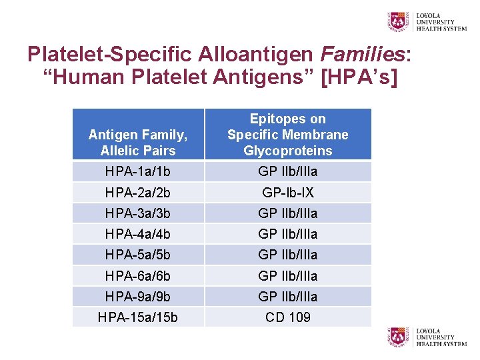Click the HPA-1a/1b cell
pyautogui.click(x=138, y=171)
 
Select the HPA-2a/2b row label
pyautogui.click(x=138, y=193)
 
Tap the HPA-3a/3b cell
pyautogui.click(x=138, y=213)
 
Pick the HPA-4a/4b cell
pyautogui.click(x=138, y=234)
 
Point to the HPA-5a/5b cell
pyautogui.click(x=138, y=255)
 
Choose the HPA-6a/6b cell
pyautogui.click(x=138, y=275)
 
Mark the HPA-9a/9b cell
pyautogui.click(x=138, y=296)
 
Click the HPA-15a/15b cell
pyautogui.click(x=138, y=317)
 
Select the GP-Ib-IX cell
pyautogui.click(x=287, y=193)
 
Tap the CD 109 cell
pyautogui.click(x=287, y=317)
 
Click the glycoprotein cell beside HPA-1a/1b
pyautogui.click(x=287, y=171)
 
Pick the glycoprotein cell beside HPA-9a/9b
pyautogui.click(x=287, y=296)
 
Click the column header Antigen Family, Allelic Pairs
pyautogui.click(x=138, y=143)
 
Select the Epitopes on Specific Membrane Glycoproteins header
pyautogui.click(x=287, y=135)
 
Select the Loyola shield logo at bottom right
pyautogui.click(x=399, y=337)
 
